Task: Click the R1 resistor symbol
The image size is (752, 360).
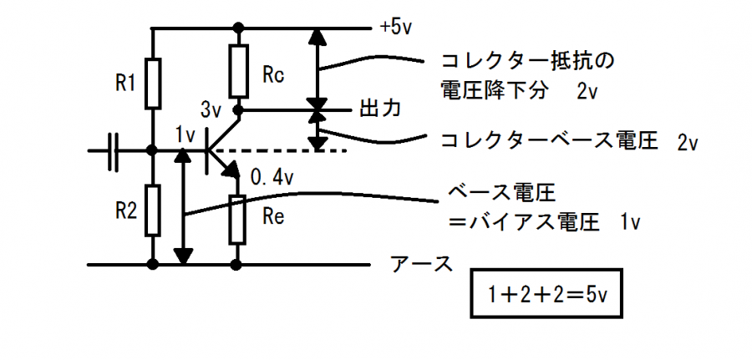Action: point(153,84)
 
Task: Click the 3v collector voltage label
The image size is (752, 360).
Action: point(211,109)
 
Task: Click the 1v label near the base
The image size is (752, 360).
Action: point(185,133)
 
